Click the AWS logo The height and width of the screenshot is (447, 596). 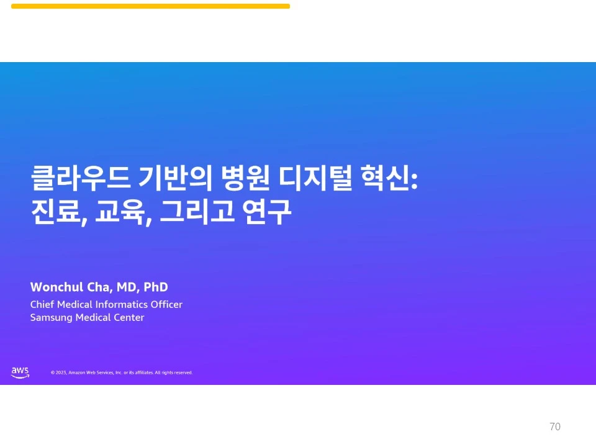click(20, 372)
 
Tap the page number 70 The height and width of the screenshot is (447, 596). click(555, 427)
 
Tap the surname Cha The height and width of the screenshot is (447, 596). click(95, 287)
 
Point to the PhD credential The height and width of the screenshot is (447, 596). click(156, 287)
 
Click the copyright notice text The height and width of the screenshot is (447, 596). click(122, 373)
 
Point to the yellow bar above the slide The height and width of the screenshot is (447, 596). click(150, 6)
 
